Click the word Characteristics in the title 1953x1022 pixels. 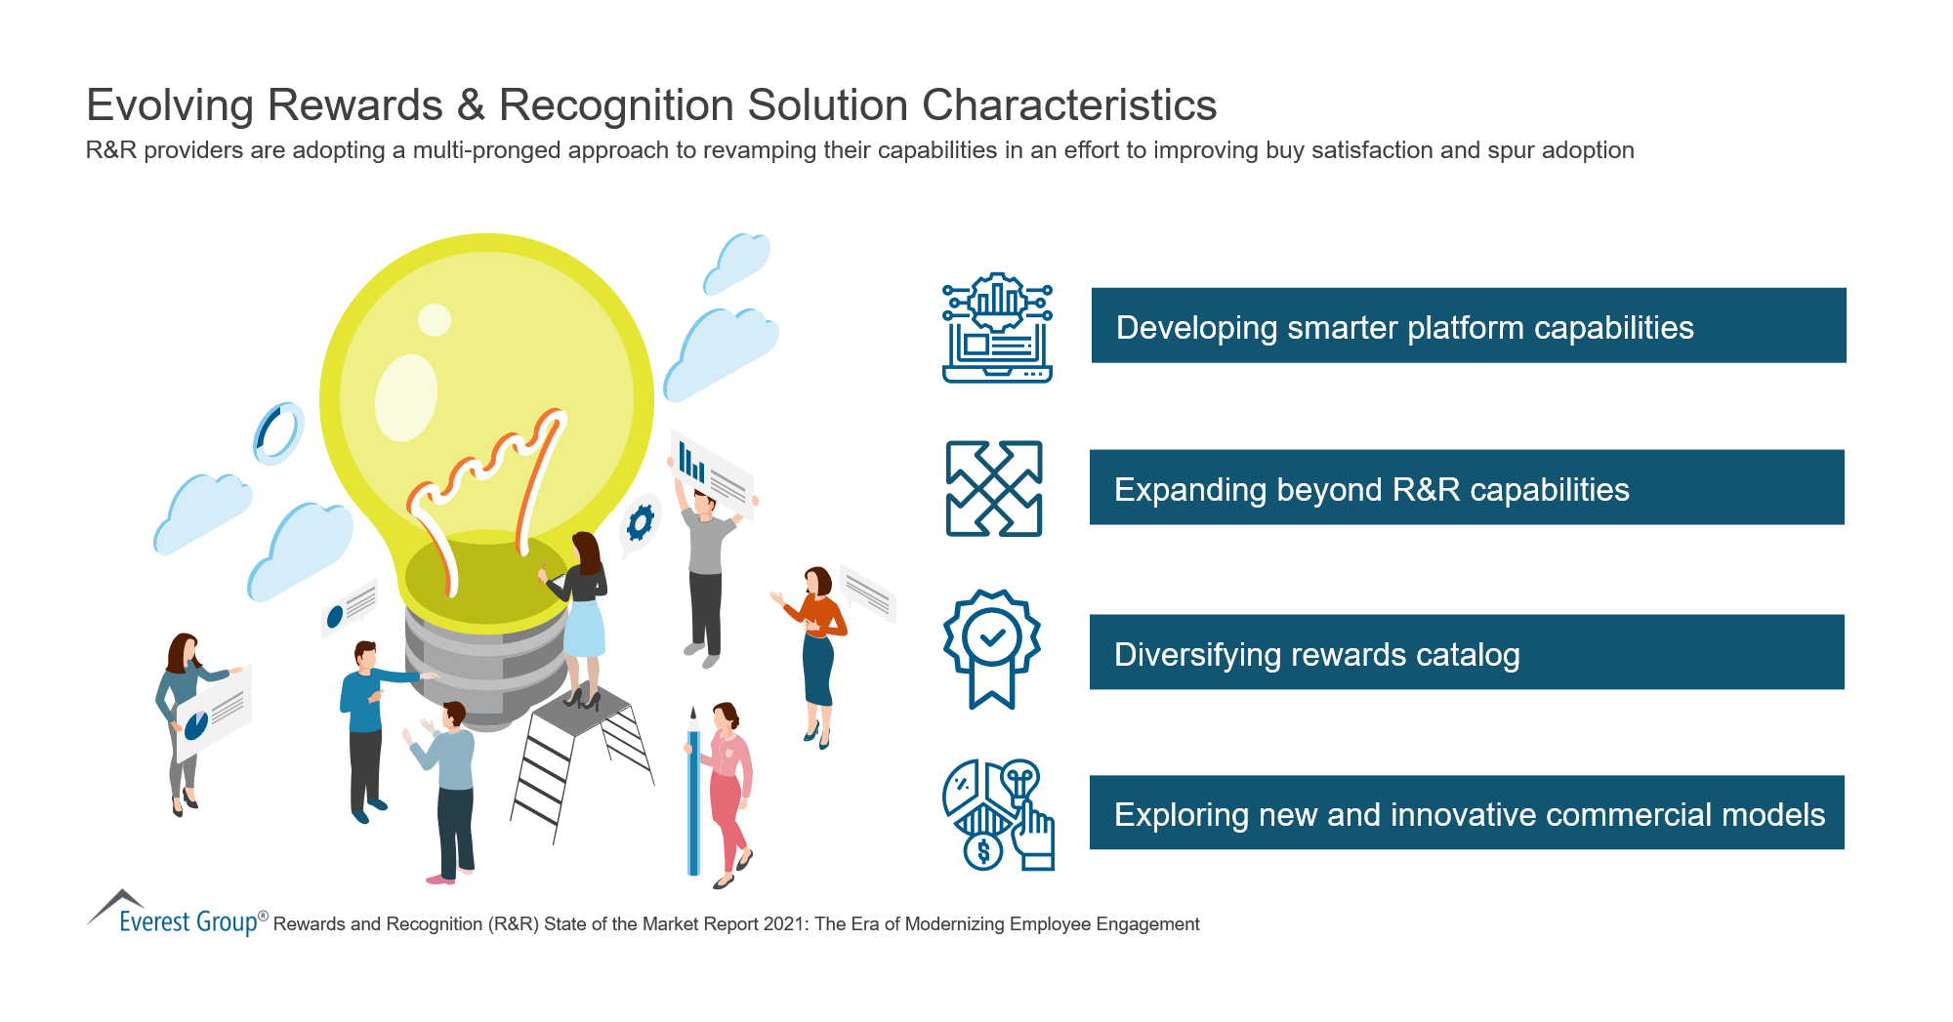coord(1068,105)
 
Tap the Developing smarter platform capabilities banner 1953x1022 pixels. coord(1468,326)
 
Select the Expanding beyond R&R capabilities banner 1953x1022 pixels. coord(1466,488)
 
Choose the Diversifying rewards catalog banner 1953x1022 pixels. coord(1466,652)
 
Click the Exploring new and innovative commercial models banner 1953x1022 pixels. coord(1466,813)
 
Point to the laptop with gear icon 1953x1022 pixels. coord(997,328)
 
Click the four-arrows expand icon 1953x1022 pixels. coord(994,488)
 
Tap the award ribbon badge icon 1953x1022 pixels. coord(992,647)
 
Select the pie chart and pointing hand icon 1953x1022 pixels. coord(997,815)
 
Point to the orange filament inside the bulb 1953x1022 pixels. coord(488,488)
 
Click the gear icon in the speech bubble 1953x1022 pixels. coord(640,523)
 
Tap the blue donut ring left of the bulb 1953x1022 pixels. coord(277,432)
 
